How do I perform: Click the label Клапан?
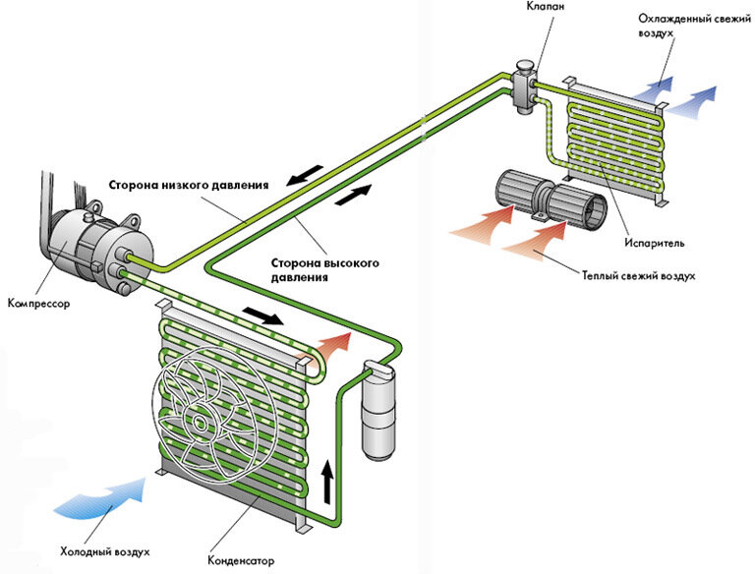click(x=546, y=6)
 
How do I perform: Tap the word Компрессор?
click(x=39, y=304)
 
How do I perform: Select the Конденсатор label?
click(x=241, y=561)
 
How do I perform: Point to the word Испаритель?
click(x=655, y=243)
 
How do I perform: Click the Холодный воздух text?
click(x=104, y=551)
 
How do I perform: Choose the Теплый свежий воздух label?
click(x=638, y=276)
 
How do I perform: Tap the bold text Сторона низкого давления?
click(x=189, y=186)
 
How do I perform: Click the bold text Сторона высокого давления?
click(x=325, y=270)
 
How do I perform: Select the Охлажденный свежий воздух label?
click(x=694, y=26)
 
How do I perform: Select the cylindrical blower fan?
click(x=552, y=198)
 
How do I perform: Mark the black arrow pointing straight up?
click(x=327, y=482)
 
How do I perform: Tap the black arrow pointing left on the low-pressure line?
click(x=305, y=174)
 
